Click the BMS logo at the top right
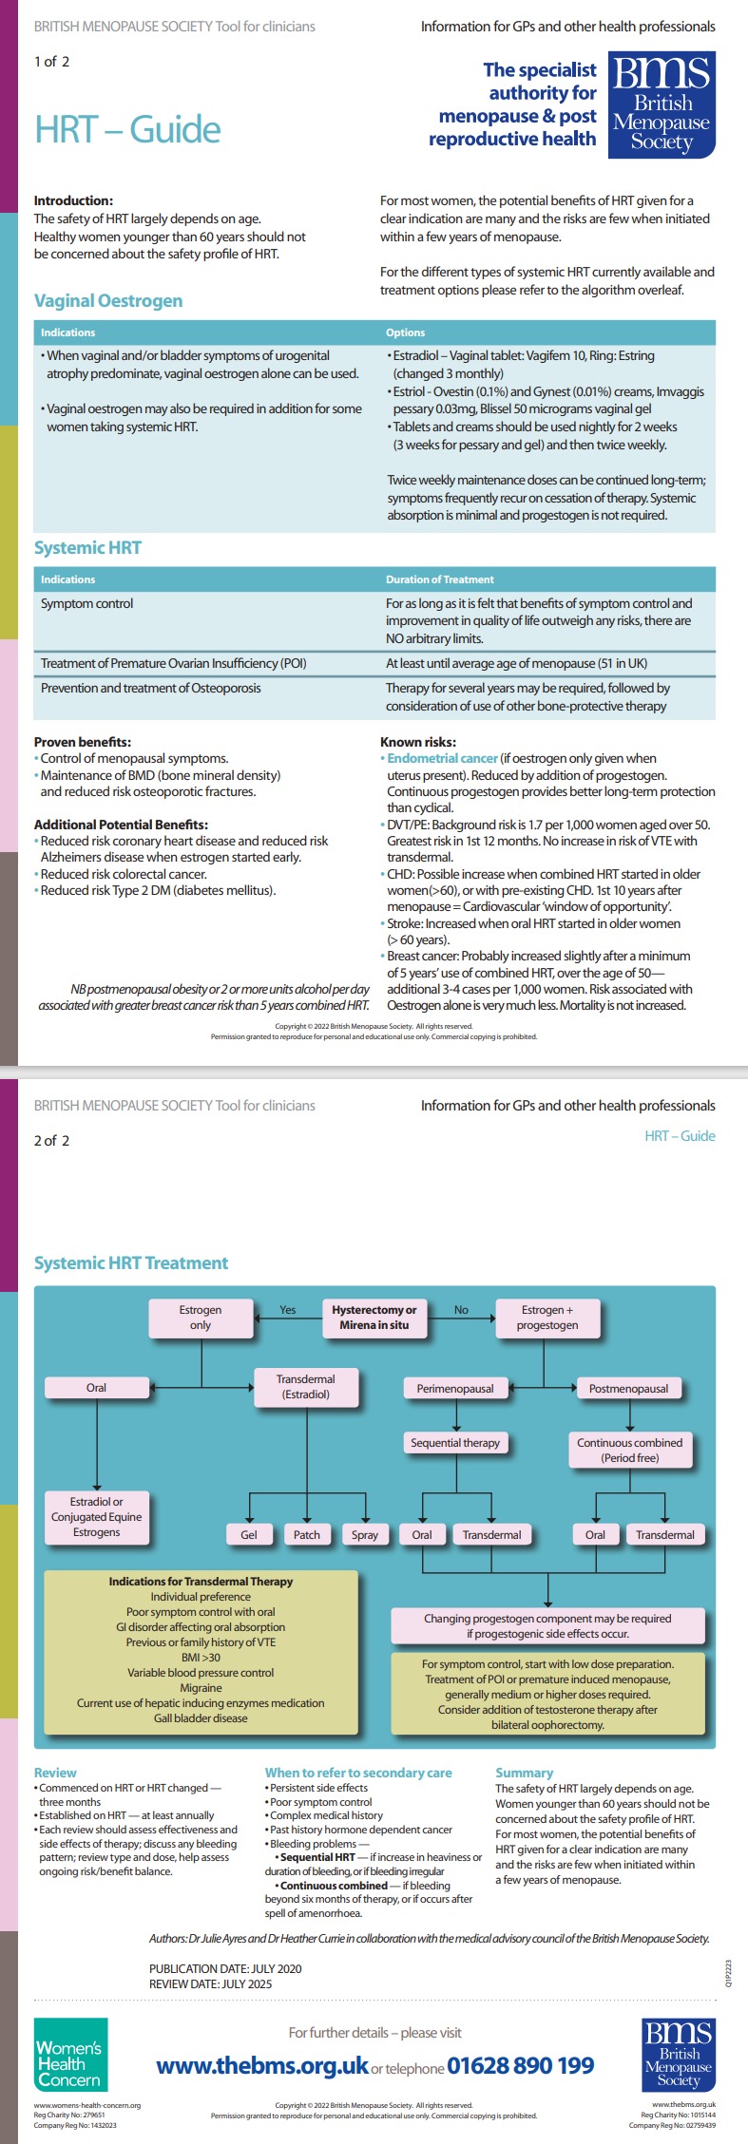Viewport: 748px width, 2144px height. [662, 104]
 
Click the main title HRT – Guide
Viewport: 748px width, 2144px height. [127, 129]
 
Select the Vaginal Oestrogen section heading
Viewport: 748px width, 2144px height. [108, 301]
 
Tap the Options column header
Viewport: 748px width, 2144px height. [405, 332]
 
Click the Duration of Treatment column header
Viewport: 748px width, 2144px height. [439, 579]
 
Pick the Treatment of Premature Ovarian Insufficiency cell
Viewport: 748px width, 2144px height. [173, 663]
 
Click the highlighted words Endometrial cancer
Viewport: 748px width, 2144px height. [442, 758]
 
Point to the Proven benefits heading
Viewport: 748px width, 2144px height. [83, 742]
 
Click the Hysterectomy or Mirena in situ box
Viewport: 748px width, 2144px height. [374, 1317]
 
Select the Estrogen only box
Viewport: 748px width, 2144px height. [201, 1317]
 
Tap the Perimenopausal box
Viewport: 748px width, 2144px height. [455, 1388]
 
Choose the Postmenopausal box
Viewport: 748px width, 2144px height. [628, 1388]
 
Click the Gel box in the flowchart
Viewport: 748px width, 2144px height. [249, 1534]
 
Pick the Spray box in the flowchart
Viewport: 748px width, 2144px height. [365, 1534]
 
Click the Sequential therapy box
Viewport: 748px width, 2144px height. [455, 1442]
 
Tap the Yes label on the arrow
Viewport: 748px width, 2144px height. [288, 1310]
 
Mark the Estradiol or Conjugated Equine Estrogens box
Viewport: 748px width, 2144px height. [96, 1517]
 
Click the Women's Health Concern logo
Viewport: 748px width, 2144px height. [69, 2064]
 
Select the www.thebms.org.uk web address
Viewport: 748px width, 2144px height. [262, 2065]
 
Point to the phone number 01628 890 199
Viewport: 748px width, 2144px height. [521, 2065]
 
